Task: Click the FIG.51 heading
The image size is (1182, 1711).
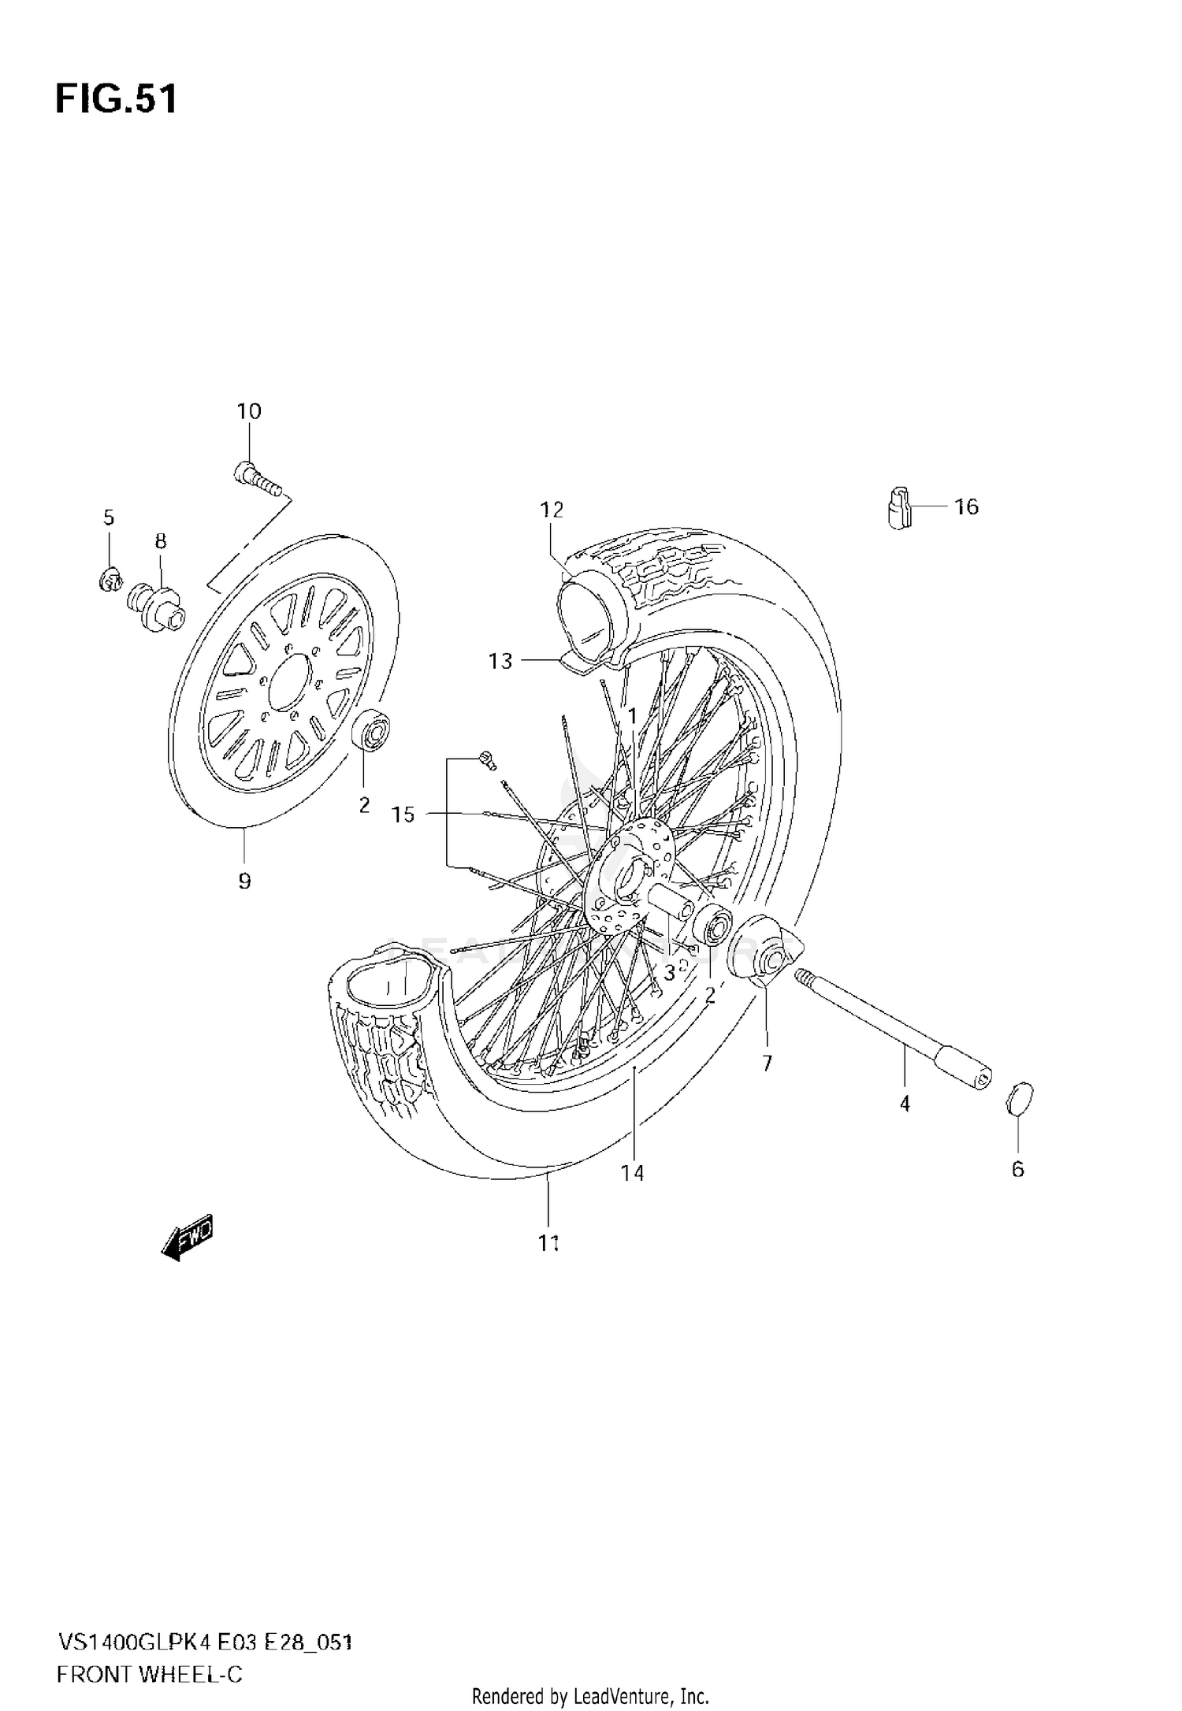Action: [117, 100]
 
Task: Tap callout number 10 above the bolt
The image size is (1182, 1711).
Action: [248, 411]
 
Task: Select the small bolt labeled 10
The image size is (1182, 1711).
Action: [255, 479]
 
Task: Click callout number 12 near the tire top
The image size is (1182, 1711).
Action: [552, 510]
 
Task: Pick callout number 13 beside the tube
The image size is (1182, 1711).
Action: [500, 661]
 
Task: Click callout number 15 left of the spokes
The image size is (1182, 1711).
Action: [403, 815]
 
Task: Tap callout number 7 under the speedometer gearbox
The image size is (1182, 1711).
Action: [767, 1063]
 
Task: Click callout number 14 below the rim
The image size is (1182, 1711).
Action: [632, 1173]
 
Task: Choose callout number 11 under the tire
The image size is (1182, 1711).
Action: [548, 1243]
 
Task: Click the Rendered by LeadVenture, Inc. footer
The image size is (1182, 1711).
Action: [590, 1695]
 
